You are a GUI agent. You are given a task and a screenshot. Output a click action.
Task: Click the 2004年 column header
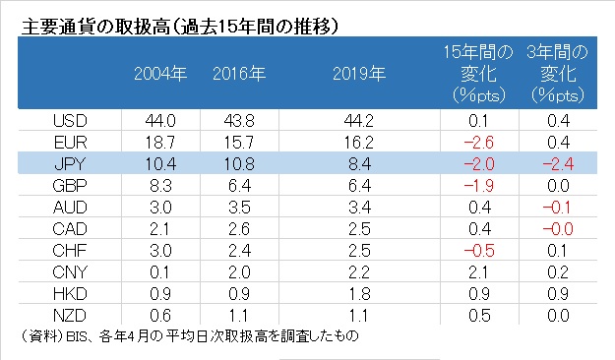click(160, 74)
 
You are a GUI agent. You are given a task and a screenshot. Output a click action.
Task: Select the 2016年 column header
click(239, 74)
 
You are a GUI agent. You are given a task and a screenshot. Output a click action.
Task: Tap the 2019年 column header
click(359, 74)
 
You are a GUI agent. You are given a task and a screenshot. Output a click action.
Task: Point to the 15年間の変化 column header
click(478, 74)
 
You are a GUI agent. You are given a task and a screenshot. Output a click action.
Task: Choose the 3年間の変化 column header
click(558, 74)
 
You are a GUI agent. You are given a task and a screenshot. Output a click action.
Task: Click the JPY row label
click(70, 164)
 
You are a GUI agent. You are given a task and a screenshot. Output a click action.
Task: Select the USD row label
click(70, 120)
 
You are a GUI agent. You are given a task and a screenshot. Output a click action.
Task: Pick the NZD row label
click(70, 316)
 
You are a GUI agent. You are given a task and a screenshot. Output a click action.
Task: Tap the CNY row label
click(70, 272)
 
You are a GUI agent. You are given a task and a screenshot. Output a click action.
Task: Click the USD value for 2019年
click(359, 120)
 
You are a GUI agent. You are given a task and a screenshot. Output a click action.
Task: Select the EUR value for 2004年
click(160, 143)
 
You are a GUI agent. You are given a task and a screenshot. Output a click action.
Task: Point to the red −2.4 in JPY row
click(558, 164)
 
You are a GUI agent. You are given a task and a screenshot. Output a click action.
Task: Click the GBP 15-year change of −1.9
click(478, 186)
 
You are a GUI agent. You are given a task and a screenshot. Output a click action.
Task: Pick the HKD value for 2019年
click(359, 294)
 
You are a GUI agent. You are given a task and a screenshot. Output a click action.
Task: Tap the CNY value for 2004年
click(159, 272)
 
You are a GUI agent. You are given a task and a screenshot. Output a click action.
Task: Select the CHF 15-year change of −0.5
click(479, 251)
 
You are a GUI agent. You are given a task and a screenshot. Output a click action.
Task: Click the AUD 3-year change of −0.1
click(557, 208)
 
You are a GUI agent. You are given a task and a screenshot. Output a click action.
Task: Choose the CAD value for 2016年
click(239, 229)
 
